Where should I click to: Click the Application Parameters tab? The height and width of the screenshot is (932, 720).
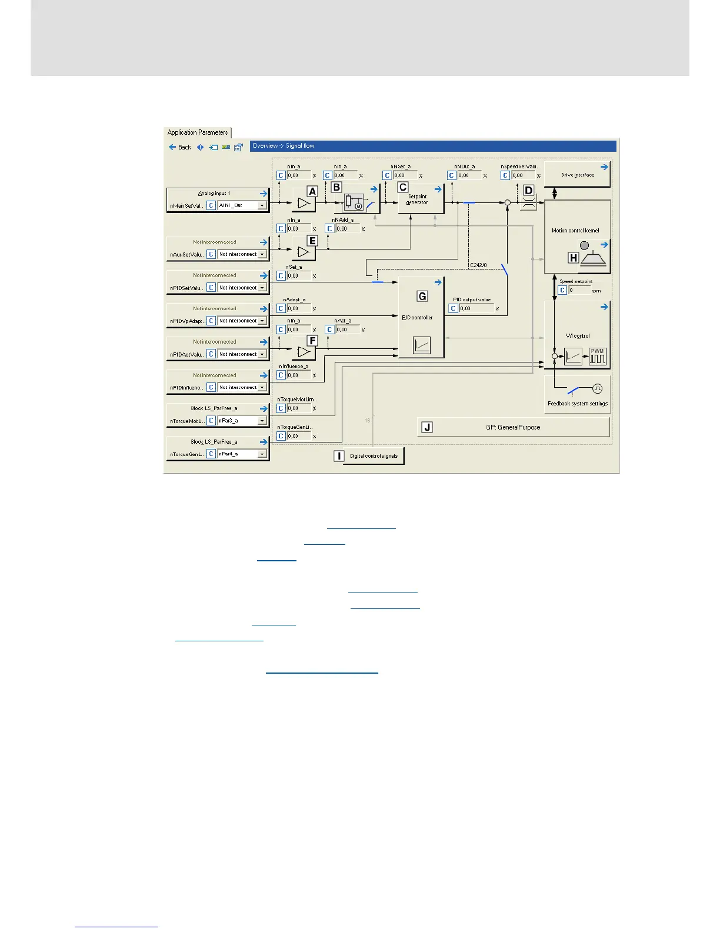198,132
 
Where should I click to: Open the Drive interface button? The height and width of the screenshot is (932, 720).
577,175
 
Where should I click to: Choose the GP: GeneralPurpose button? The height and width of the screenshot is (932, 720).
513,427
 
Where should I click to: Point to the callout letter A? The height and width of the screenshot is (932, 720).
312,191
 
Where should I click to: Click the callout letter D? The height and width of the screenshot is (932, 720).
528,191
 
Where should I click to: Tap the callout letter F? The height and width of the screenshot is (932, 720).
312,341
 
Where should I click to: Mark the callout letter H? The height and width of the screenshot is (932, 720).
573,257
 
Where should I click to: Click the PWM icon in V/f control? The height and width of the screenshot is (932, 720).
597,356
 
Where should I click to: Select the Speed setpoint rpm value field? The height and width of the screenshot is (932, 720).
579,290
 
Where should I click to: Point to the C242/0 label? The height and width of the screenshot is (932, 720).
478,265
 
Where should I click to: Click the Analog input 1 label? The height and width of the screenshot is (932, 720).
214,193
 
